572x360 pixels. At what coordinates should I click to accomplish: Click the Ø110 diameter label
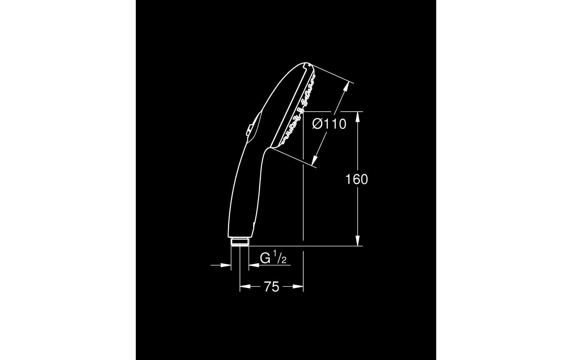point(329,124)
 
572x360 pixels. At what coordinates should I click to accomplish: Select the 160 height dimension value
point(357,179)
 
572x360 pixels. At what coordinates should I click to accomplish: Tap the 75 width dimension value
point(272,287)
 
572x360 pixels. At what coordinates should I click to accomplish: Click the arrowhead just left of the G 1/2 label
point(253,265)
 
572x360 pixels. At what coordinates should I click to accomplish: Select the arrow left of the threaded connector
point(226,265)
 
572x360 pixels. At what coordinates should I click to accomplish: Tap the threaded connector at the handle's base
point(240,242)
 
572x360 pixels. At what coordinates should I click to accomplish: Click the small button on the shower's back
point(249,130)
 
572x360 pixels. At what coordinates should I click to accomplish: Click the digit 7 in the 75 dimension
point(268,287)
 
